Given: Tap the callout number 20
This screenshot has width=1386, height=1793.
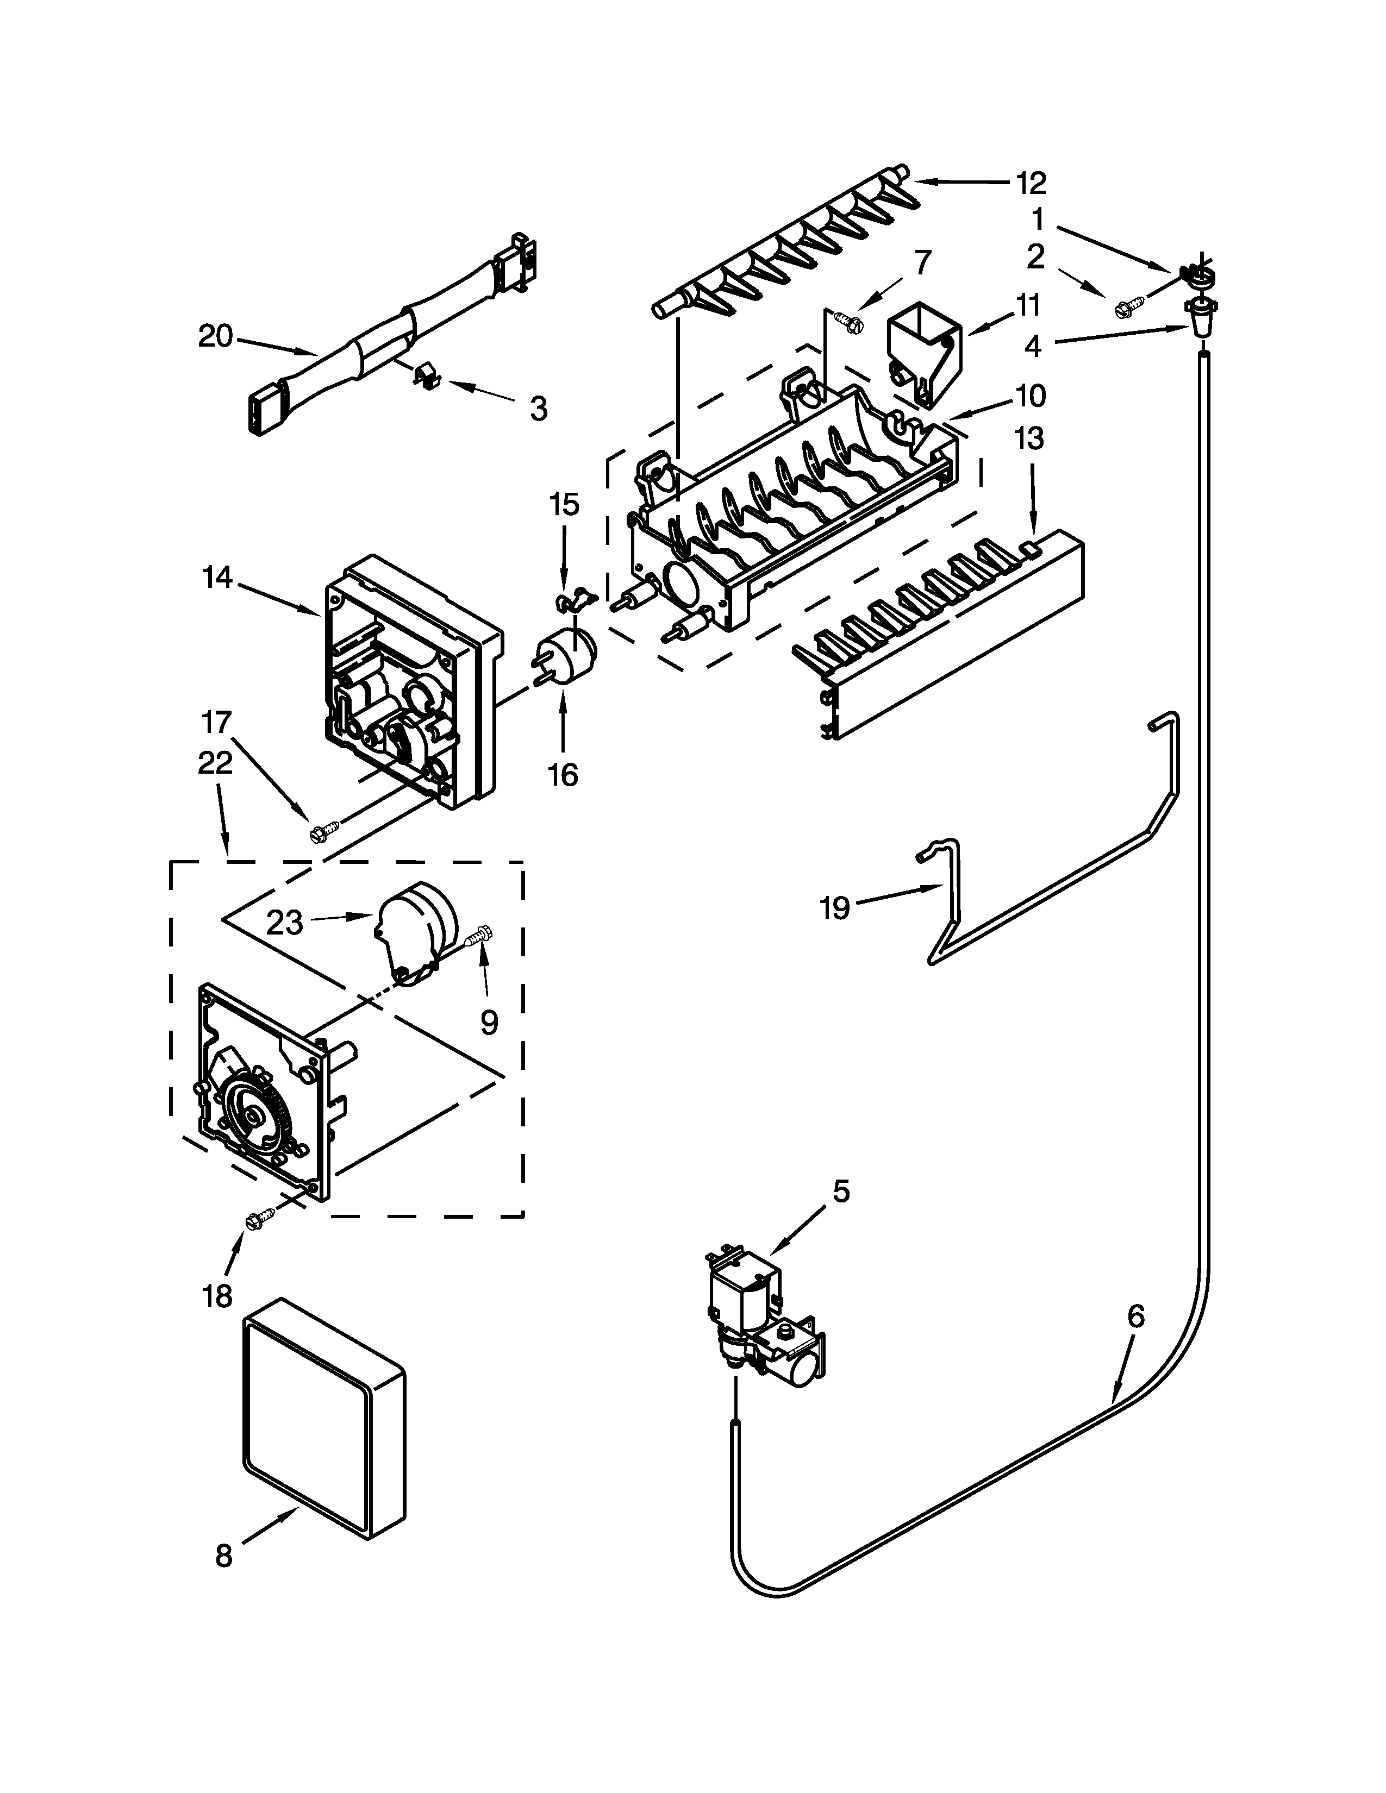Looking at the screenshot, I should point(215,337).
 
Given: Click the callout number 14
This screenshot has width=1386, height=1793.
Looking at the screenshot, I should point(217,578).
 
